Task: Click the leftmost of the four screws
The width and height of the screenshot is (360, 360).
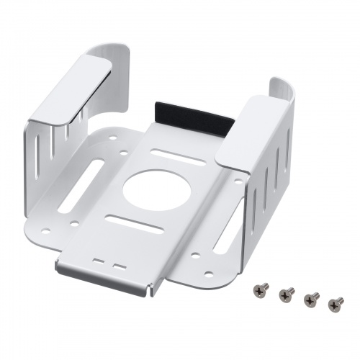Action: coord(261,289)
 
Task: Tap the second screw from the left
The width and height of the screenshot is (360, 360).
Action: coord(286,294)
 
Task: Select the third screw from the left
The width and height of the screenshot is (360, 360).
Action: coord(312,298)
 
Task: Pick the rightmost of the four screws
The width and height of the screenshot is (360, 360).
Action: coord(336,304)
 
